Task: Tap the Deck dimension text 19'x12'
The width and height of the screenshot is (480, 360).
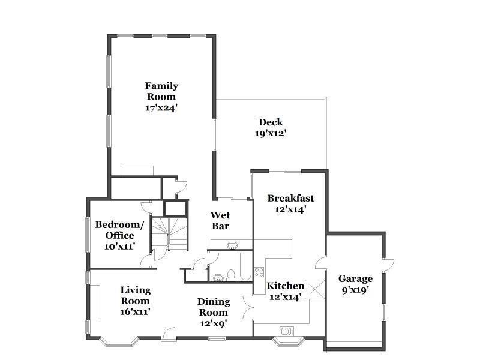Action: point(271,133)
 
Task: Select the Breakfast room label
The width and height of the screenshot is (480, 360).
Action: point(290,199)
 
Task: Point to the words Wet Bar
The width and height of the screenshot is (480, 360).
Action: point(220,220)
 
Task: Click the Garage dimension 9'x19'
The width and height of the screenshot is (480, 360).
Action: point(355,290)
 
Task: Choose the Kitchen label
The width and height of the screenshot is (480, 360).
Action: point(286,286)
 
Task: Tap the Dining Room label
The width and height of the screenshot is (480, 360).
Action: point(214,307)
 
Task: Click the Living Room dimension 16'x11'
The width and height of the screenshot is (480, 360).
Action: point(135,311)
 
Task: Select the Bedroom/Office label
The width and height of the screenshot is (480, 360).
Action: point(120,230)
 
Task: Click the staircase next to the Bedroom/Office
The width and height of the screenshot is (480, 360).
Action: point(169,233)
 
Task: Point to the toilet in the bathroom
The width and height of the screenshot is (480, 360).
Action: point(231,275)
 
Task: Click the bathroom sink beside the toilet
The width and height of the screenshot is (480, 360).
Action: point(218,277)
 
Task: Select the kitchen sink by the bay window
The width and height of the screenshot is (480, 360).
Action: point(287,330)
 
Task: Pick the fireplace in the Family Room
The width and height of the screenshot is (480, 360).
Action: point(137,170)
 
